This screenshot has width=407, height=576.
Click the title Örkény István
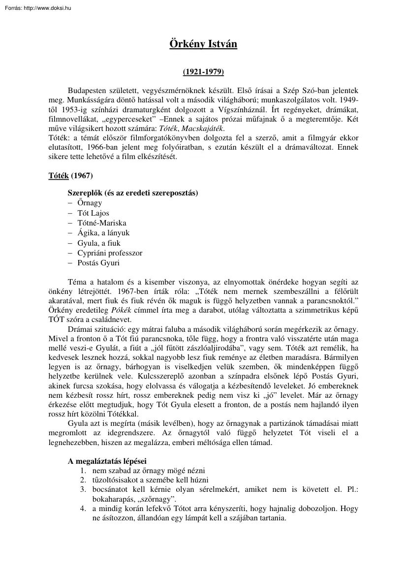pos(203,44)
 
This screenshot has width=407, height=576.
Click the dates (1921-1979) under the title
pos(203,72)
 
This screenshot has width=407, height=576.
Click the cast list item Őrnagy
pos(90,203)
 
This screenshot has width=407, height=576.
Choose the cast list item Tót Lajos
pos(94,213)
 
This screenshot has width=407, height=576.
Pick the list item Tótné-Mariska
pos(102,223)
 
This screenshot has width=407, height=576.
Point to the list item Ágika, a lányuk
pos(103,233)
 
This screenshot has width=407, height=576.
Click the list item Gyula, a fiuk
pos(99,243)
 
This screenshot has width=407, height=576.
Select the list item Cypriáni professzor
pos(110,253)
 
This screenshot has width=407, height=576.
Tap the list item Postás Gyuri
pos(98,262)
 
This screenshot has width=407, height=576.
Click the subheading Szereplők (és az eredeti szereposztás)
pos(133,192)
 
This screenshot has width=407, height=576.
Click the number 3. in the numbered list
pos(83,489)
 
